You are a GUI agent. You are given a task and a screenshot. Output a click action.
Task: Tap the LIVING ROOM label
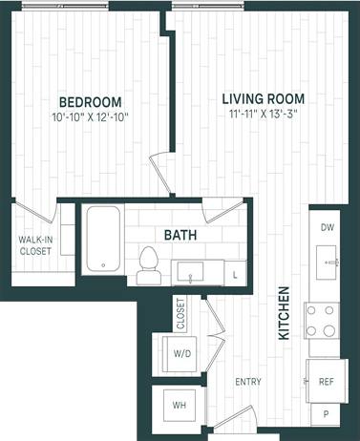coord(263,98)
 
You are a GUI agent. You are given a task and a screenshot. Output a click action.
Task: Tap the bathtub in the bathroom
coord(100,240)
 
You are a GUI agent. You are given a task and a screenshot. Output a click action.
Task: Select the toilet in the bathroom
coord(148,263)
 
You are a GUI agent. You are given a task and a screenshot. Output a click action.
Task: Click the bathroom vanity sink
coord(191,274)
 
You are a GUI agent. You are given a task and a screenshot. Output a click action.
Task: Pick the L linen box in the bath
coord(236,274)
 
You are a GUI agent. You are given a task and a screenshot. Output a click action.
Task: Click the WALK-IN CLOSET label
coord(36,246)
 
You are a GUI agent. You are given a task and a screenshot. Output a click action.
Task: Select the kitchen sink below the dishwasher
coord(329,260)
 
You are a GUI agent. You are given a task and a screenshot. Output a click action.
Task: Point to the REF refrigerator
coord(327,382)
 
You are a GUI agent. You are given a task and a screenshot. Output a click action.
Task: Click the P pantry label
coord(327,415)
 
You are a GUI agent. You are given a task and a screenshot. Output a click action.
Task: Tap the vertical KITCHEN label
coord(284,312)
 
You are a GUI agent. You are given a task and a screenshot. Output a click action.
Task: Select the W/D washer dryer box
coord(182,353)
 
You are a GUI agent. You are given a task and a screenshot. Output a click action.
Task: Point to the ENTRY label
coord(248,382)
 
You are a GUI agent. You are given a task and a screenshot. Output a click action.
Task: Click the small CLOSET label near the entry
coord(180,313)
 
